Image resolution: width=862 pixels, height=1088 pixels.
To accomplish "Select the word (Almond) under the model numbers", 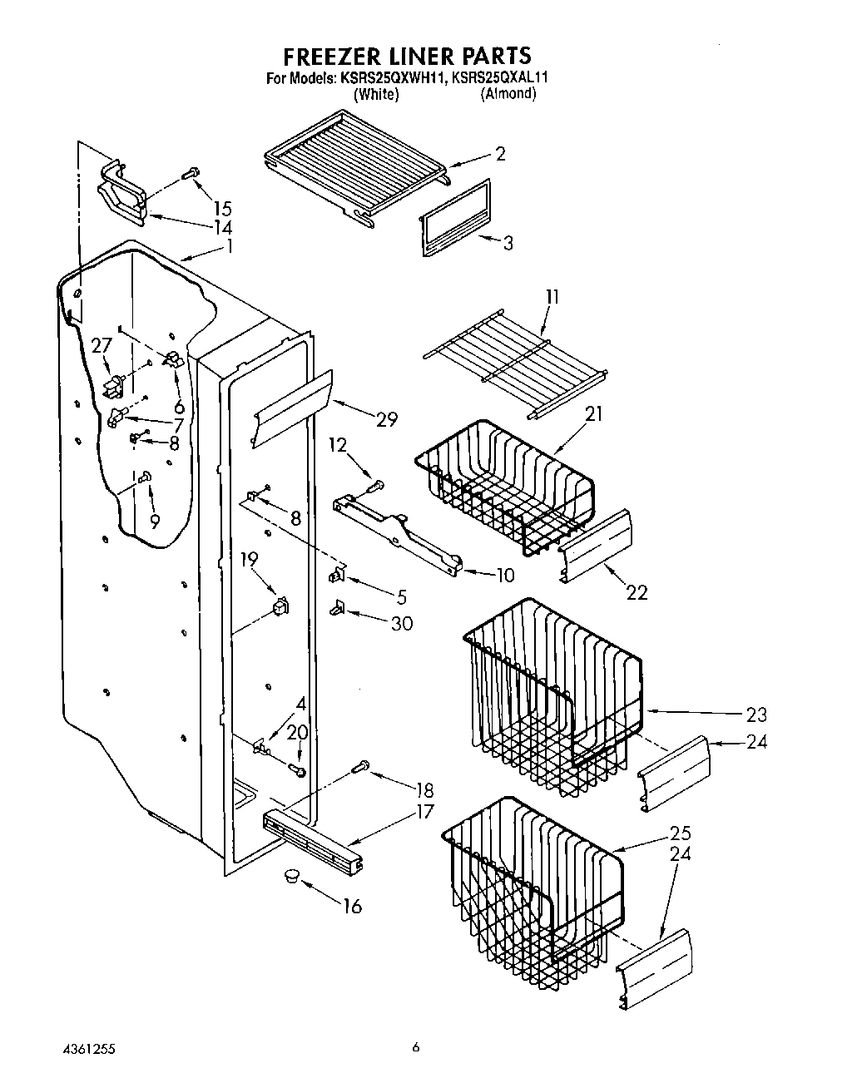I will click(x=508, y=93).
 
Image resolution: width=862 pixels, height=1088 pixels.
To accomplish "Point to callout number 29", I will click(x=387, y=419).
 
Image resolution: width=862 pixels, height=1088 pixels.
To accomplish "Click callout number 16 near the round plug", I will click(x=353, y=906).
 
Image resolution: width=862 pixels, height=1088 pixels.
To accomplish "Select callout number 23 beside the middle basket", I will click(x=756, y=714).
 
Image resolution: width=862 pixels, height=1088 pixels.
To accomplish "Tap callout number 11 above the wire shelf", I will click(x=552, y=297).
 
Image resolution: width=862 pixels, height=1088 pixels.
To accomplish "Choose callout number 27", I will click(x=102, y=344).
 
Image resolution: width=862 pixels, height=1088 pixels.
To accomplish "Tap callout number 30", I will click(x=401, y=622).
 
